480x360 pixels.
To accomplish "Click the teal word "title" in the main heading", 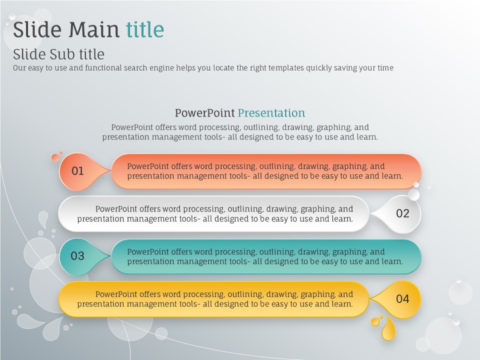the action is pos(145,29).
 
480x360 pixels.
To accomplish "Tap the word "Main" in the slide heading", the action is pos(93,29).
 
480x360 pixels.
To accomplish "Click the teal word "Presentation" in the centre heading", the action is pos(271,113).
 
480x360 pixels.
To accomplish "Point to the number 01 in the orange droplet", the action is pos(78,171).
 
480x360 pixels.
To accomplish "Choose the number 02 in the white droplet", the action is pos(402,213).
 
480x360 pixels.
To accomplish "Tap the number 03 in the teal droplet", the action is pos(77,256).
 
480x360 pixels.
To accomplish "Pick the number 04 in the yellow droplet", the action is pos(402,299).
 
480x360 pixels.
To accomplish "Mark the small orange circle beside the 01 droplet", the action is pos(55,157).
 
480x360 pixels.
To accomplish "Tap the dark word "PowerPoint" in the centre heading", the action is pos(205,113).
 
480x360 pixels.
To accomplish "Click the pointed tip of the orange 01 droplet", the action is pos(111,171).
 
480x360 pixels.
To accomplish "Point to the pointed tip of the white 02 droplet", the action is pos(369,213).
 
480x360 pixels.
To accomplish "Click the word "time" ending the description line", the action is pos(385,67).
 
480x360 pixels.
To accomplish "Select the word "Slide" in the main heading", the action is pos(37,29).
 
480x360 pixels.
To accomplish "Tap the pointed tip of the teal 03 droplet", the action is pos(111,256).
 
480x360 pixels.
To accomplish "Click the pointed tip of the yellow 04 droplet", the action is pos(369,298).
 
